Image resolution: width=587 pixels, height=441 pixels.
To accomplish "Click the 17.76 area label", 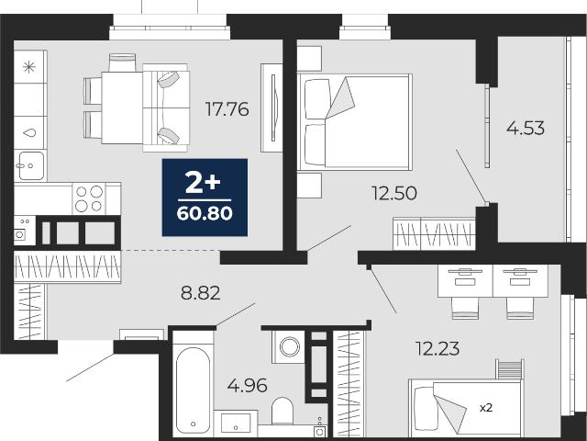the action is click(x=227, y=109).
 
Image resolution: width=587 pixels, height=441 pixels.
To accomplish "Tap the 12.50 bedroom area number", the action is click(x=394, y=194).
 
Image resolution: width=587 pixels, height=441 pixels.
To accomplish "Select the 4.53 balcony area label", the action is click(x=526, y=128).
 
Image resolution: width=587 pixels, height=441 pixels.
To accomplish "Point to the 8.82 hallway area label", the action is click(x=200, y=293).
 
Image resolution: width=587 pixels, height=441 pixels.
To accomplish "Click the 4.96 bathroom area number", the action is click(x=247, y=386).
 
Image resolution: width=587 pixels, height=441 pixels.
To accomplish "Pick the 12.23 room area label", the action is click(x=437, y=349).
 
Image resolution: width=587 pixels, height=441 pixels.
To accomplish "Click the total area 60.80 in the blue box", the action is click(x=205, y=213).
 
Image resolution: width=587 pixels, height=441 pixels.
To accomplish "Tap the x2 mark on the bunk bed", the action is click(x=486, y=408).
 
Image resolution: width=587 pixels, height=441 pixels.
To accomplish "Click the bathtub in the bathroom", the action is click(x=193, y=390).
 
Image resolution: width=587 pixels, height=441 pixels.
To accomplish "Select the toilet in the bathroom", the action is click(x=282, y=411).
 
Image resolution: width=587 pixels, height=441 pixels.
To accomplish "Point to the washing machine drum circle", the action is click(x=290, y=347).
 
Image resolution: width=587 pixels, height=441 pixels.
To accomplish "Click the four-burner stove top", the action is click(x=89, y=198).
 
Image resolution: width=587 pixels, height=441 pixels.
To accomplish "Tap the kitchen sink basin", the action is click(x=30, y=165).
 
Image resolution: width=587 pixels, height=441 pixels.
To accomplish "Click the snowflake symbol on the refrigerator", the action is click(x=29, y=67).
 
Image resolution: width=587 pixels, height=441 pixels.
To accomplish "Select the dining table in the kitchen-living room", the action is click(x=122, y=107).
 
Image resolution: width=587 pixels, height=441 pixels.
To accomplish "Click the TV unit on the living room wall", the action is click(x=271, y=107).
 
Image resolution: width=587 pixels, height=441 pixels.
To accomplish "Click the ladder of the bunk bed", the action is click(x=510, y=369).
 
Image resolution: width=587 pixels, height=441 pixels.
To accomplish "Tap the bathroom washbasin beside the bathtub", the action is click(x=236, y=424).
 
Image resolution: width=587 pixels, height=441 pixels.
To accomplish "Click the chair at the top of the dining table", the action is click(x=122, y=62).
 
